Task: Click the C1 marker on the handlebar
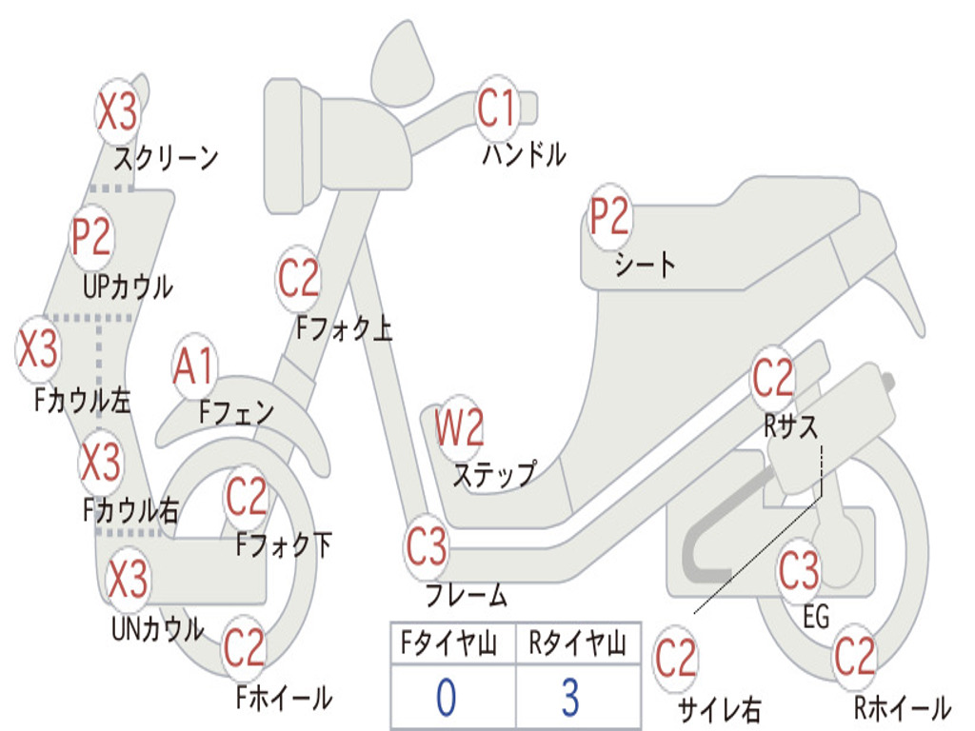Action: [496, 109]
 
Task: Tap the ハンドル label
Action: [523, 154]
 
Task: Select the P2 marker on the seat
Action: [609, 217]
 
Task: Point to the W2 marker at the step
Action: [460, 428]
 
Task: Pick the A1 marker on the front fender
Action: [195, 367]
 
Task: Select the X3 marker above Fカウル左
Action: [39, 349]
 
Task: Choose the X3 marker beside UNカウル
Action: [128, 579]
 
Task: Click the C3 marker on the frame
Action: [426, 547]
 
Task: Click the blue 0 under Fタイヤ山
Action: [447, 697]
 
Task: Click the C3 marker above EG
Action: [799, 571]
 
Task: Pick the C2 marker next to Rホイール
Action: [854, 657]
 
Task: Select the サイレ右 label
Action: [719, 709]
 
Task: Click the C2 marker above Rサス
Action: [773, 379]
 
